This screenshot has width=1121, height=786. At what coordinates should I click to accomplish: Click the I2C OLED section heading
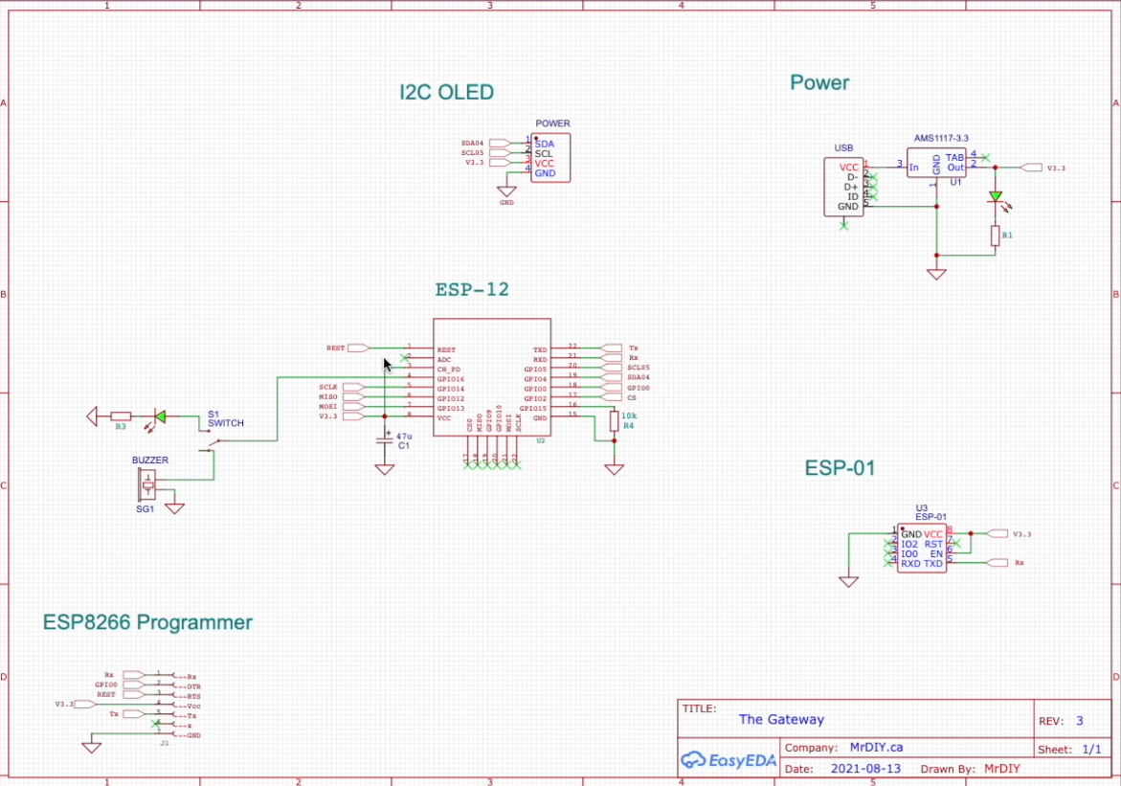(x=446, y=93)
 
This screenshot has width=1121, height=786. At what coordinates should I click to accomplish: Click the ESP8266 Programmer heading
(x=147, y=622)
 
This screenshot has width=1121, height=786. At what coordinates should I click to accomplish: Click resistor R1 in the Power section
(x=995, y=235)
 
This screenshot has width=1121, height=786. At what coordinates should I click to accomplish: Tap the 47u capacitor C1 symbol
(x=384, y=440)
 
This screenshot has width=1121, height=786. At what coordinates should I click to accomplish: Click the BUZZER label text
(x=150, y=460)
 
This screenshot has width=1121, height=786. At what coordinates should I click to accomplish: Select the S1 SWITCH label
(x=225, y=419)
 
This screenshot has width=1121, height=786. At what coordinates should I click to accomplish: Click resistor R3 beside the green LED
(x=121, y=416)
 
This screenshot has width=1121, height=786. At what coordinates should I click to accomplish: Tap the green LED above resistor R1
(x=995, y=197)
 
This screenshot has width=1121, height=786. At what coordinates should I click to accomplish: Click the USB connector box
(x=843, y=187)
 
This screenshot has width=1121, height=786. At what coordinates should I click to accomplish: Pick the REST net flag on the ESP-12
(x=358, y=348)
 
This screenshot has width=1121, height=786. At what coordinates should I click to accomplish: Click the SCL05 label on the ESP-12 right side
(x=639, y=368)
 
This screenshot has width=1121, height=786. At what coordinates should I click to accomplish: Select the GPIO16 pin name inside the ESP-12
(x=451, y=379)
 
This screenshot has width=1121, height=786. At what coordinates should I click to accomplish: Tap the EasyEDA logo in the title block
(x=729, y=759)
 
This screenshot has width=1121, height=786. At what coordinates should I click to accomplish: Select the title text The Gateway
(x=780, y=720)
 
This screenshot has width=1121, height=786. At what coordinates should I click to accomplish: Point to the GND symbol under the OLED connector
(x=506, y=191)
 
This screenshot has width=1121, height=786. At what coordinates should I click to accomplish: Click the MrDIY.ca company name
(x=877, y=748)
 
